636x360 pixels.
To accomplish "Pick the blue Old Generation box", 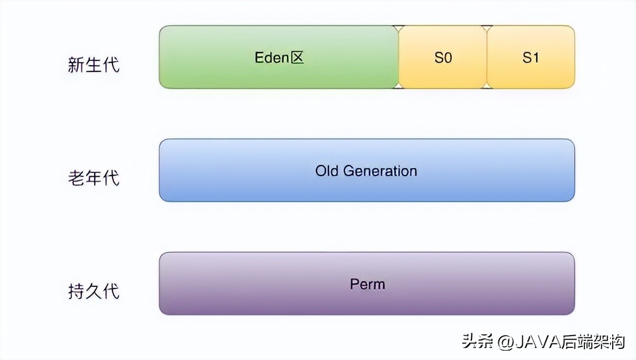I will tap(367, 186).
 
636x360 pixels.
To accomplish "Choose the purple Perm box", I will tap(367, 299).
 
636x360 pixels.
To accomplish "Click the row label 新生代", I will tap(94, 65).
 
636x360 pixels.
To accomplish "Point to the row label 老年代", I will tap(94, 178).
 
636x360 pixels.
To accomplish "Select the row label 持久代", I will tap(94, 291).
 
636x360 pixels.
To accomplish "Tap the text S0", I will tap(443, 58).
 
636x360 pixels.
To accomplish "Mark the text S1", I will tap(531, 58).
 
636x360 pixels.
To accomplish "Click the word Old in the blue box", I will tap(327, 171).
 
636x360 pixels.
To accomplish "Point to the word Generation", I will tap(380, 171).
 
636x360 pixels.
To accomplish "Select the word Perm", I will tap(367, 284).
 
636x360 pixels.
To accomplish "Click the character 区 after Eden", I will tap(298, 58).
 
